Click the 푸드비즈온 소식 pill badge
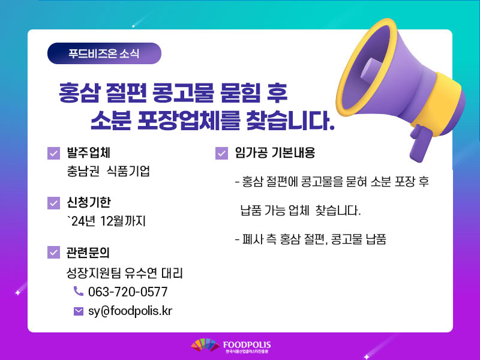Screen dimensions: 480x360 click(x=104, y=53)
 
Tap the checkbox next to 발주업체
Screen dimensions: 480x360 click(x=53, y=153)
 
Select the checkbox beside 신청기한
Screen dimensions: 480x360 click(x=53, y=203)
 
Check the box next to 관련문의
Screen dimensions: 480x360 click(x=53, y=252)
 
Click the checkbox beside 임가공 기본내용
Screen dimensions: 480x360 click(x=221, y=153)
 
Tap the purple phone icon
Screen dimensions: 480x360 click(x=79, y=291)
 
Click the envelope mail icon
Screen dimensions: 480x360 click(x=79, y=311)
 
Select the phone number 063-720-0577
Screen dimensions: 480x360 click(x=128, y=292)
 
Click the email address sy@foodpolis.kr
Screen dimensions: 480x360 click(x=130, y=311)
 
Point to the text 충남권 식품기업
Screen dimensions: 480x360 click(x=109, y=171)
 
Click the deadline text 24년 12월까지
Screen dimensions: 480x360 click(x=106, y=221)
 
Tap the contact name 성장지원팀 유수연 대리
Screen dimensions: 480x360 click(x=125, y=273)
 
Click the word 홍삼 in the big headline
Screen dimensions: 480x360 click(x=79, y=93)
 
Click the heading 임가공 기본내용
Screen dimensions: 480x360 click(x=275, y=152)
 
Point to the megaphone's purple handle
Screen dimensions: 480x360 click(x=421, y=143)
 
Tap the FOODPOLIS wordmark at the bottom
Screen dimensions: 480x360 click(x=247, y=345)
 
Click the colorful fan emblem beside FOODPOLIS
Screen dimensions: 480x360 click(x=205, y=345)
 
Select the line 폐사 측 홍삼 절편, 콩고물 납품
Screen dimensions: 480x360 click(x=310, y=239)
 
